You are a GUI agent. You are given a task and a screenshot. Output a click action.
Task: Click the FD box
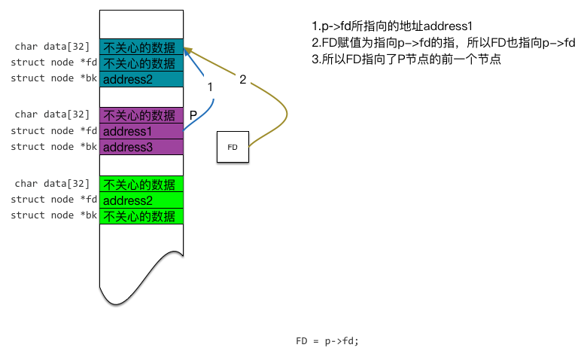(233, 147)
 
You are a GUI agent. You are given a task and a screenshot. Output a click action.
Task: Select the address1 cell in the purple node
(141, 131)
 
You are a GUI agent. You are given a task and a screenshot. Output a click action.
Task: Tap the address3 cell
(141, 147)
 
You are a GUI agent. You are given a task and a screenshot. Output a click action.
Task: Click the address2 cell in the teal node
(141, 78)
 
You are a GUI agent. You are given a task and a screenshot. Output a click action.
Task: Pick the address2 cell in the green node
(141, 200)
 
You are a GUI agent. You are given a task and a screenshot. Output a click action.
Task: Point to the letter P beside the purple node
(193, 115)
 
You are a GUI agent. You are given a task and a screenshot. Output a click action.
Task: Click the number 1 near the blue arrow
(211, 87)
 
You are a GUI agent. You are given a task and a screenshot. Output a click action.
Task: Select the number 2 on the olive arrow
(242, 79)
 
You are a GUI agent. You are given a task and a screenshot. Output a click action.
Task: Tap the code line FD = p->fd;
(327, 341)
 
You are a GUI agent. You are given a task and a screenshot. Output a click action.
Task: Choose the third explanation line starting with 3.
(406, 59)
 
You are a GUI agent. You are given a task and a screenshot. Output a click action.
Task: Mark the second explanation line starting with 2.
(443, 42)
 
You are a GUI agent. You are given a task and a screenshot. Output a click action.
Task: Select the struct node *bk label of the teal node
(53, 78)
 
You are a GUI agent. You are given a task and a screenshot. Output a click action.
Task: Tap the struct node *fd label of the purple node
(53, 131)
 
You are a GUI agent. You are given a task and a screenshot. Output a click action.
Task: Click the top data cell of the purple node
(141, 115)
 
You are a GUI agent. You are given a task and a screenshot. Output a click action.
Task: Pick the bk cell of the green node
(141, 216)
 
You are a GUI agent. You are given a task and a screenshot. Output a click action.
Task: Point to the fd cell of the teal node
(141, 63)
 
